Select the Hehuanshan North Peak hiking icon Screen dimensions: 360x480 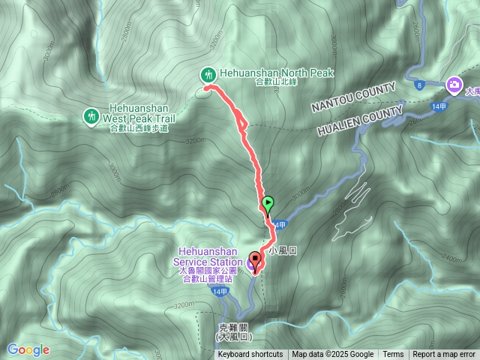tap(207, 73)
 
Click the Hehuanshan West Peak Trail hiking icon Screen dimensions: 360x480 tap(91, 116)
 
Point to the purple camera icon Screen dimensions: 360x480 tap(453, 85)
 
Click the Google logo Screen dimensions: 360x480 tap(28, 349)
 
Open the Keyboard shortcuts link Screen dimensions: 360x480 tap(250, 355)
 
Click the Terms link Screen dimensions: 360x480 tap(393, 355)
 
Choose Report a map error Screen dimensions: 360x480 tap(444, 355)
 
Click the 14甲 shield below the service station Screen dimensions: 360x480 tap(220, 291)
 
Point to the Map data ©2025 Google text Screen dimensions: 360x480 tap(333, 355)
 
